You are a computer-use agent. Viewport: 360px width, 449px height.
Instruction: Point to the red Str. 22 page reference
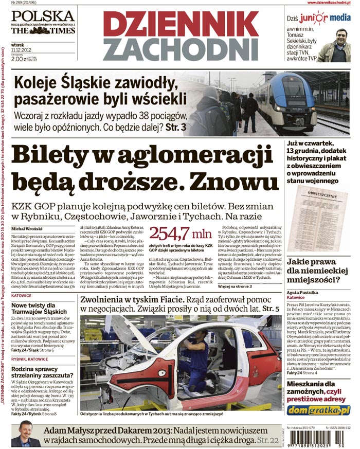[269, 440]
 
